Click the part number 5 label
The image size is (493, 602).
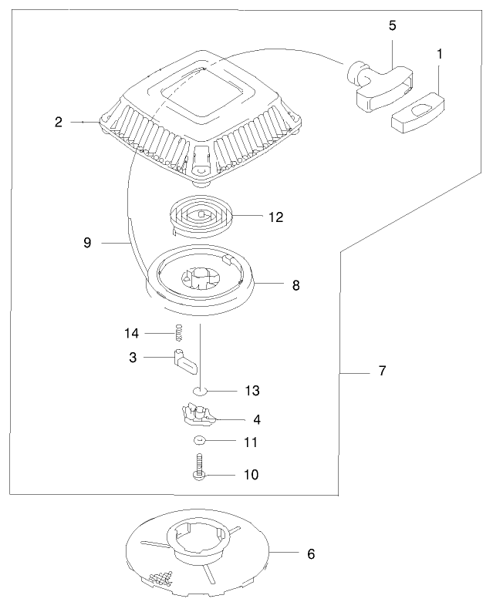click(392, 25)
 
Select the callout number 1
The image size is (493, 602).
click(439, 55)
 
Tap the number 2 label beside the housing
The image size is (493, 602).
click(59, 121)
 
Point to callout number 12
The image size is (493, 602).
click(275, 217)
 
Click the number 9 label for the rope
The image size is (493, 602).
click(87, 242)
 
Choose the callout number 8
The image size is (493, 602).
click(295, 285)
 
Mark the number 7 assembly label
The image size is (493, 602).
click(382, 371)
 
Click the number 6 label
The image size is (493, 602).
click(310, 553)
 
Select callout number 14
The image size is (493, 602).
click(131, 333)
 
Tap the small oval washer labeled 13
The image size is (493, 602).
click(201, 391)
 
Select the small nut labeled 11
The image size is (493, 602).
click(199, 441)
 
